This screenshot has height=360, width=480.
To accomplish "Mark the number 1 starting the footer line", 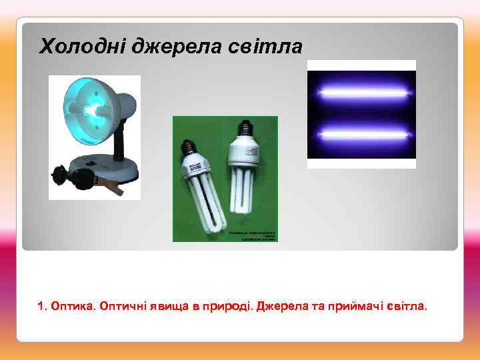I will [x=41, y=306].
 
